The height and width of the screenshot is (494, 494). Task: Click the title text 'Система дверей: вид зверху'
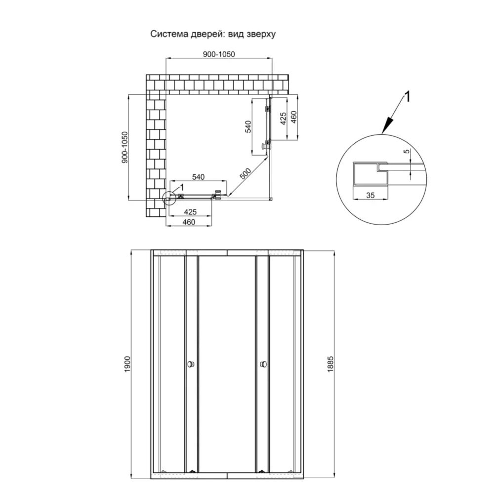pos(212,34)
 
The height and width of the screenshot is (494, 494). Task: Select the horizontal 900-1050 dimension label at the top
pos(219,54)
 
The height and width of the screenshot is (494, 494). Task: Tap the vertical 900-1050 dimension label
pos(125,147)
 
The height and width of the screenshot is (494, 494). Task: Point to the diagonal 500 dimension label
pos(246,174)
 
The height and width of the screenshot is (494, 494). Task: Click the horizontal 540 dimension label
pos(198,177)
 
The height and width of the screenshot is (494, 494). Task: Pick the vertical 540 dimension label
pos(248,126)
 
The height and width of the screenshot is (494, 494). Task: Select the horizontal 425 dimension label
pos(190,212)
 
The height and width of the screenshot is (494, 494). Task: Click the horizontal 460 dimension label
pos(189,222)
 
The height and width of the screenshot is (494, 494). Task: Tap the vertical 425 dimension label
pos(283,119)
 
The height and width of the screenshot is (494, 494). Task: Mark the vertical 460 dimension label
pos(293,117)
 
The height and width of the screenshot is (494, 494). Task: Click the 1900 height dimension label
pos(127,365)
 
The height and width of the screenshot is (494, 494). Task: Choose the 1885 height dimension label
pos(330,365)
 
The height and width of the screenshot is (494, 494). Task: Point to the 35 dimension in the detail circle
pos(370,195)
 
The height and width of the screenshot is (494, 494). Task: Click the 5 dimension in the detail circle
pos(407,151)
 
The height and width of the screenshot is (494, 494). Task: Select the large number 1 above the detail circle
pos(408,97)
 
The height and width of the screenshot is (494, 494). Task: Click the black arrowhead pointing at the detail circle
pos(387,125)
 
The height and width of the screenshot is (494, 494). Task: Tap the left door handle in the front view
pos(191,365)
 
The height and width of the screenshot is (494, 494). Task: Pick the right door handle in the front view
pos(263,365)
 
